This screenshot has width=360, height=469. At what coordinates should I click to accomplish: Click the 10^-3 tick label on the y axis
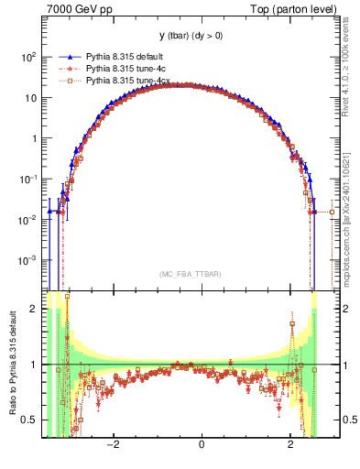(x=27, y=260)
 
